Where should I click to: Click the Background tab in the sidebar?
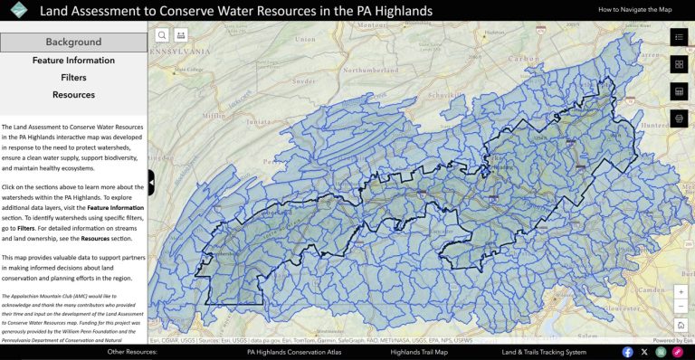point(73,43)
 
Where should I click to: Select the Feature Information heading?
point(73,61)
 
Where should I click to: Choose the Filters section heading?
point(73,78)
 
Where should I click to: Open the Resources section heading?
point(73,95)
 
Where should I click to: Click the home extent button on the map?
point(681,324)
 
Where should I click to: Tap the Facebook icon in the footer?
point(628,352)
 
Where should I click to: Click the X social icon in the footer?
point(644,352)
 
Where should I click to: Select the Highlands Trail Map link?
point(419,352)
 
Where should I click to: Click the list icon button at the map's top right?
point(680,37)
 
